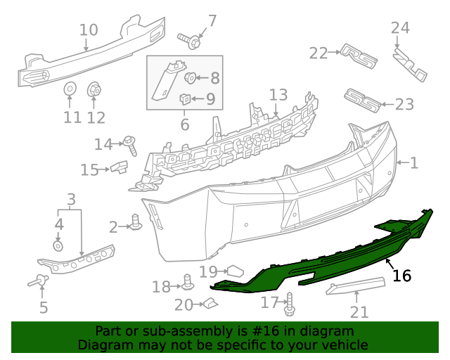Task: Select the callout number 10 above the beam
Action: point(89,30)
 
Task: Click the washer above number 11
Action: point(71,90)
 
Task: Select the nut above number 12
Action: point(94,90)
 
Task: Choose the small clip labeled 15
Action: point(117,167)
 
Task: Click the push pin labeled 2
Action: point(137,223)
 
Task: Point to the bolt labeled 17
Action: point(289,307)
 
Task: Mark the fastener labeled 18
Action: point(188,283)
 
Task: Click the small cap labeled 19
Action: point(234,270)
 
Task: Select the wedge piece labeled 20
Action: point(210,304)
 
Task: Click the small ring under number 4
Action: point(58,246)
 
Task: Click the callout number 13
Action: point(278,95)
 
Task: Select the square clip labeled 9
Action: point(186,98)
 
